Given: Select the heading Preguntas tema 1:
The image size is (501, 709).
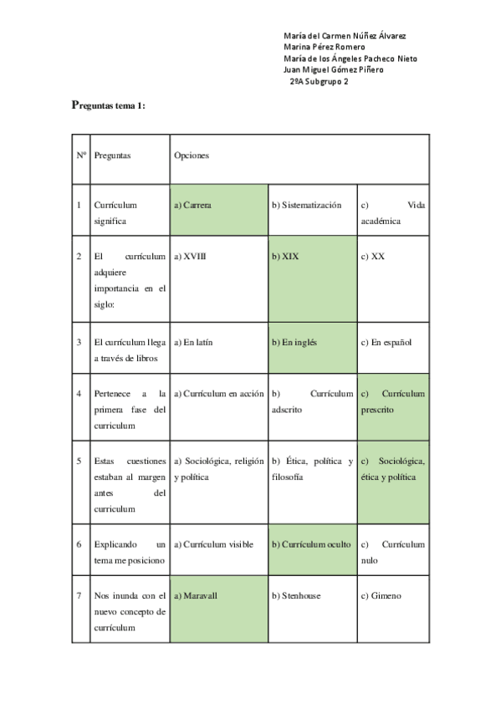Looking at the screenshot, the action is (x=109, y=105).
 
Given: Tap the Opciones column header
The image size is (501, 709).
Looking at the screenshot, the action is (x=192, y=156).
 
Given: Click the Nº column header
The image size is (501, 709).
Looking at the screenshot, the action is (x=81, y=156).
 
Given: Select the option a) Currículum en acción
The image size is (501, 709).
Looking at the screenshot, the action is (x=218, y=394).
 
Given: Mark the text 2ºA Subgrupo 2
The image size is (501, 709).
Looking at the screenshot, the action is (x=319, y=81).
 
